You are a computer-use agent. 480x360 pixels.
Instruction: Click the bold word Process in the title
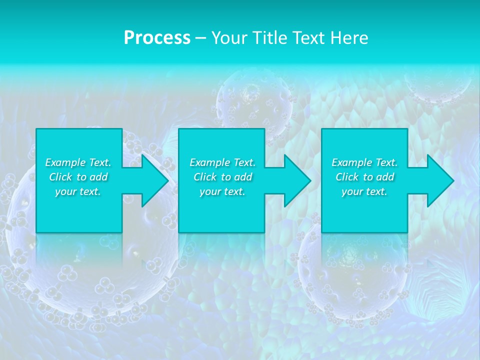coord(157,38)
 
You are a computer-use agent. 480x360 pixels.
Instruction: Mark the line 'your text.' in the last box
coord(364,191)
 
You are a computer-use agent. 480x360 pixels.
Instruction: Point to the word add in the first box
coord(98,177)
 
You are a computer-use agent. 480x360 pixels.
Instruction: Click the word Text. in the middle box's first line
coord(242,162)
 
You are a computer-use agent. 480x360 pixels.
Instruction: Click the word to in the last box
coord(368,177)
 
